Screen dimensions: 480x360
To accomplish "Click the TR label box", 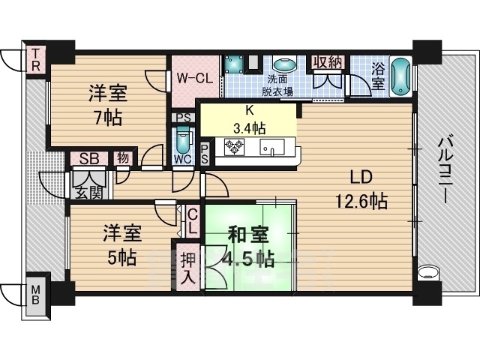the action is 35,60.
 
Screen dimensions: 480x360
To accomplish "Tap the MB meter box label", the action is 36,295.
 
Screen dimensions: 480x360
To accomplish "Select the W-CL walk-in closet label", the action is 195,79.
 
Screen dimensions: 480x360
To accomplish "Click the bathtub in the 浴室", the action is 401,76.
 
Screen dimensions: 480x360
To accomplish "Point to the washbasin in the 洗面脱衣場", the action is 285,65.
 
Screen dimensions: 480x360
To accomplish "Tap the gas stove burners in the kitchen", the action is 234,146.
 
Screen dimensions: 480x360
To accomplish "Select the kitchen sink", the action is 272,147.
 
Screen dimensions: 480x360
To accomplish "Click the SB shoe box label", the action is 89,158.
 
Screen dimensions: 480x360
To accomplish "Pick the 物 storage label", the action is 123,158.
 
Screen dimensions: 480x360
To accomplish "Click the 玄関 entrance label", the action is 88,193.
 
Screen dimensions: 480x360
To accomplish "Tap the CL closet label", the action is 192,220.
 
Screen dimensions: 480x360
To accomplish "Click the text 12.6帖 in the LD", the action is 361,201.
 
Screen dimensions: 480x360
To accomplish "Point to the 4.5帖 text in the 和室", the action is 248,259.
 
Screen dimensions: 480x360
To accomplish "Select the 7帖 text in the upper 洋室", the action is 108,118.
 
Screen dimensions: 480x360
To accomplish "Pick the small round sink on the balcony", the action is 428,271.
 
